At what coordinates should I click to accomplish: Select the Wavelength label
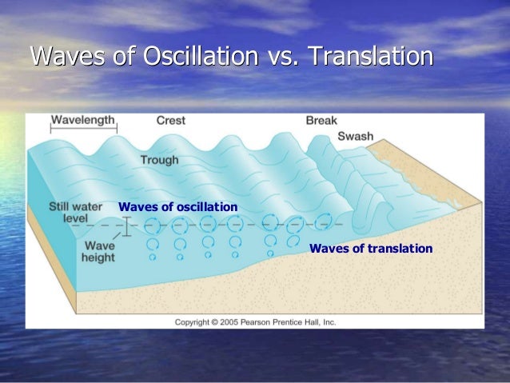pyautogui.click(x=83, y=121)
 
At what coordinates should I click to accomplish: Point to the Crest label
pyautogui.click(x=170, y=121)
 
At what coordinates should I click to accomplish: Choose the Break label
pyautogui.click(x=321, y=121)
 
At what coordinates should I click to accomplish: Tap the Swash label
pyautogui.click(x=355, y=136)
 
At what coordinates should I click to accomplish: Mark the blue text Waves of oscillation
pyautogui.click(x=177, y=207)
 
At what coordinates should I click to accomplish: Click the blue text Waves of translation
pyautogui.click(x=370, y=249)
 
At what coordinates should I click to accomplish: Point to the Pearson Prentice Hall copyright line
pyautogui.click(x=256, y=321)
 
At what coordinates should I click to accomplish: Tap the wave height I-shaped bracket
pyautogui.click(x=126, y=227)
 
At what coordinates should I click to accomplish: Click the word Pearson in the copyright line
pyautogui.click(x=269, y=321)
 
